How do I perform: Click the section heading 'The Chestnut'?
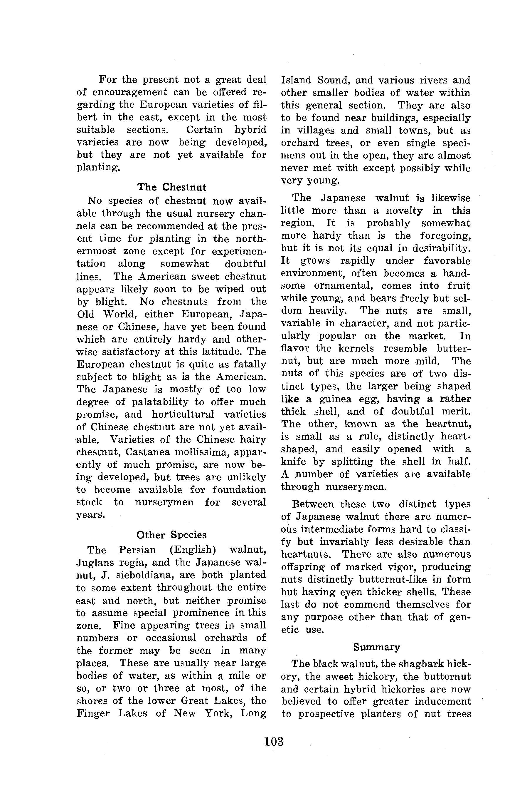[x=172, y=187]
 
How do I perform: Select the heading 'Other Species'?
[x=171, y=535]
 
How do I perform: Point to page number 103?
[x=273, y=741]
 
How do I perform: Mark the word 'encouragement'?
[x=130, y=92]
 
